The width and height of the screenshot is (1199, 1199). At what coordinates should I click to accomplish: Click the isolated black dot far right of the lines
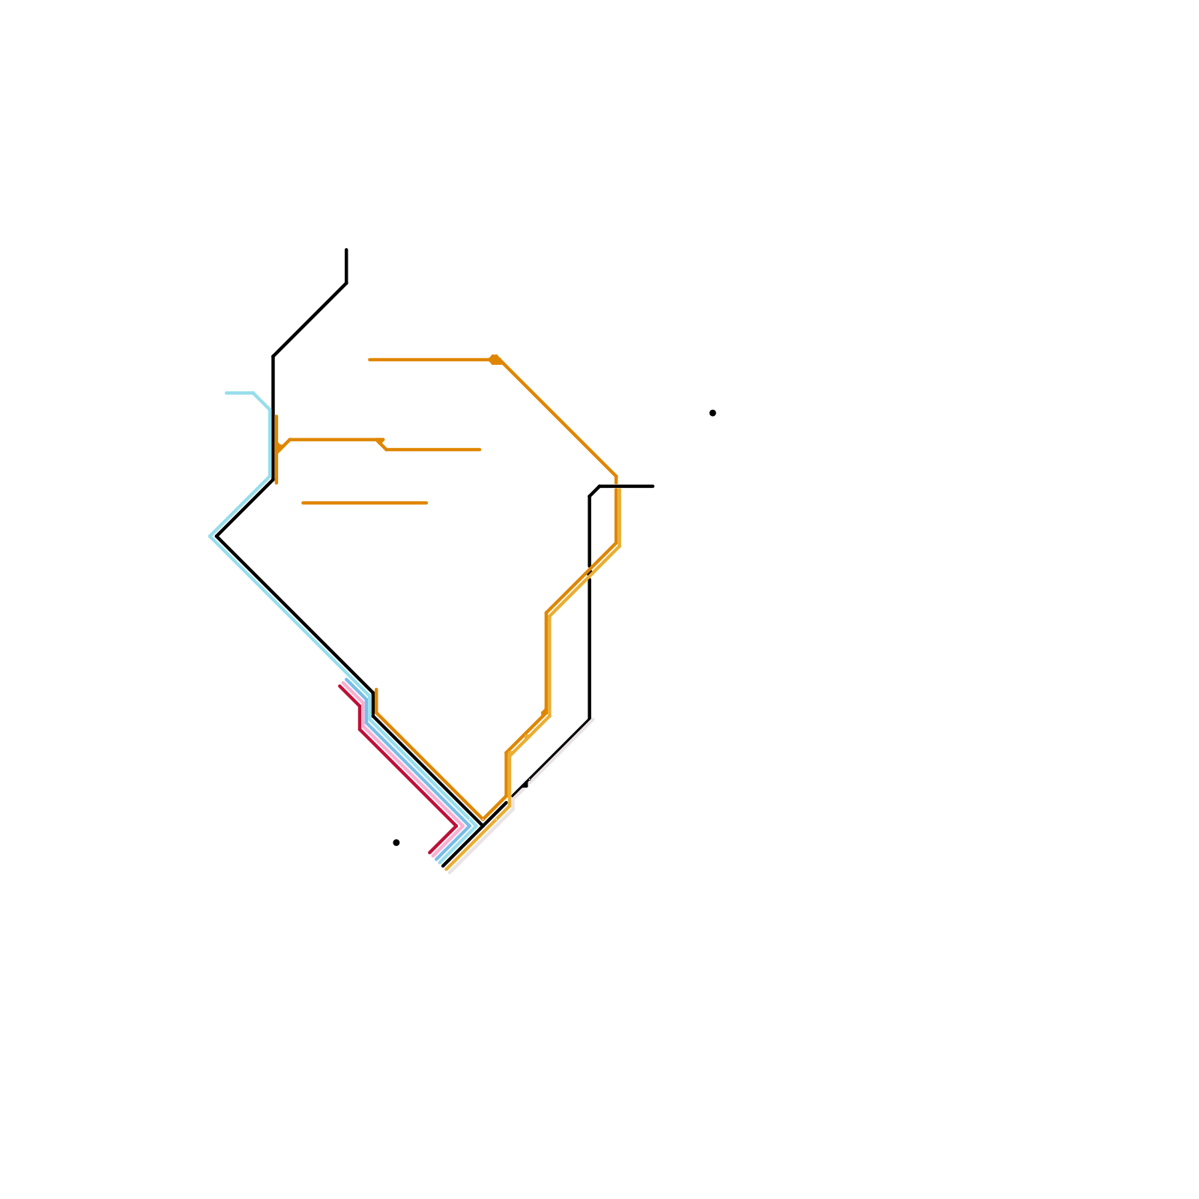tap(713, 413)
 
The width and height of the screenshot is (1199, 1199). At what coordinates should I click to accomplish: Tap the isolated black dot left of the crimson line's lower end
tap(396, 843)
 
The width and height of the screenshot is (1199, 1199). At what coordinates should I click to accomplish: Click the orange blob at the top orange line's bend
tap(495, 360)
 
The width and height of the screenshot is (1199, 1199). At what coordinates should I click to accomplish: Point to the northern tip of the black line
tap(346, 250)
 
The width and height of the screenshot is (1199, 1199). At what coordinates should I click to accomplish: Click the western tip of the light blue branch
tap(226, 393)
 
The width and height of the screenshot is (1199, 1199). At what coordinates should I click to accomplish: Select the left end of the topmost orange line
tap(369, 360)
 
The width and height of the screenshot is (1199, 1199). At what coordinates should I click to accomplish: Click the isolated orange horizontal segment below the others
tap(364, 503)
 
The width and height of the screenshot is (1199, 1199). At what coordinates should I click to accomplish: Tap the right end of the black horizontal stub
tap(653, 486)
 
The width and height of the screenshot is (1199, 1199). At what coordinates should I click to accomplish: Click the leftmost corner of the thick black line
tap(217, 537)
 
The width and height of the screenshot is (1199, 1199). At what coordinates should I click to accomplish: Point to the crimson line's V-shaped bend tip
tap(456, 827)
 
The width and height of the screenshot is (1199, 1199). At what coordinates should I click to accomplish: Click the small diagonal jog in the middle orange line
tap(381, 445)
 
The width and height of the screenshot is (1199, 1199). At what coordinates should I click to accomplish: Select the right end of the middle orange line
tap(480, 450)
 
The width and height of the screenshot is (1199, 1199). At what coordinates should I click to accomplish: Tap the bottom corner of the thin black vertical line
tap(590, 719)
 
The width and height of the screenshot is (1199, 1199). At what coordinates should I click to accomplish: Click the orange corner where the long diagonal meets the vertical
tap(616, 477)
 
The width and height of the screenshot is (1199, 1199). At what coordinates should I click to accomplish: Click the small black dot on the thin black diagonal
tap(525, 785)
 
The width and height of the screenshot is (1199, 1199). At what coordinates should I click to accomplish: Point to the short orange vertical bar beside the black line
tap(277, 450)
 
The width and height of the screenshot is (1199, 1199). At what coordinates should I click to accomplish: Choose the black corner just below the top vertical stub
tap(346, 283)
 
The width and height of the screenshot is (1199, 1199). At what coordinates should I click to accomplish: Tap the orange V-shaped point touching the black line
tap(483, 821)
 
